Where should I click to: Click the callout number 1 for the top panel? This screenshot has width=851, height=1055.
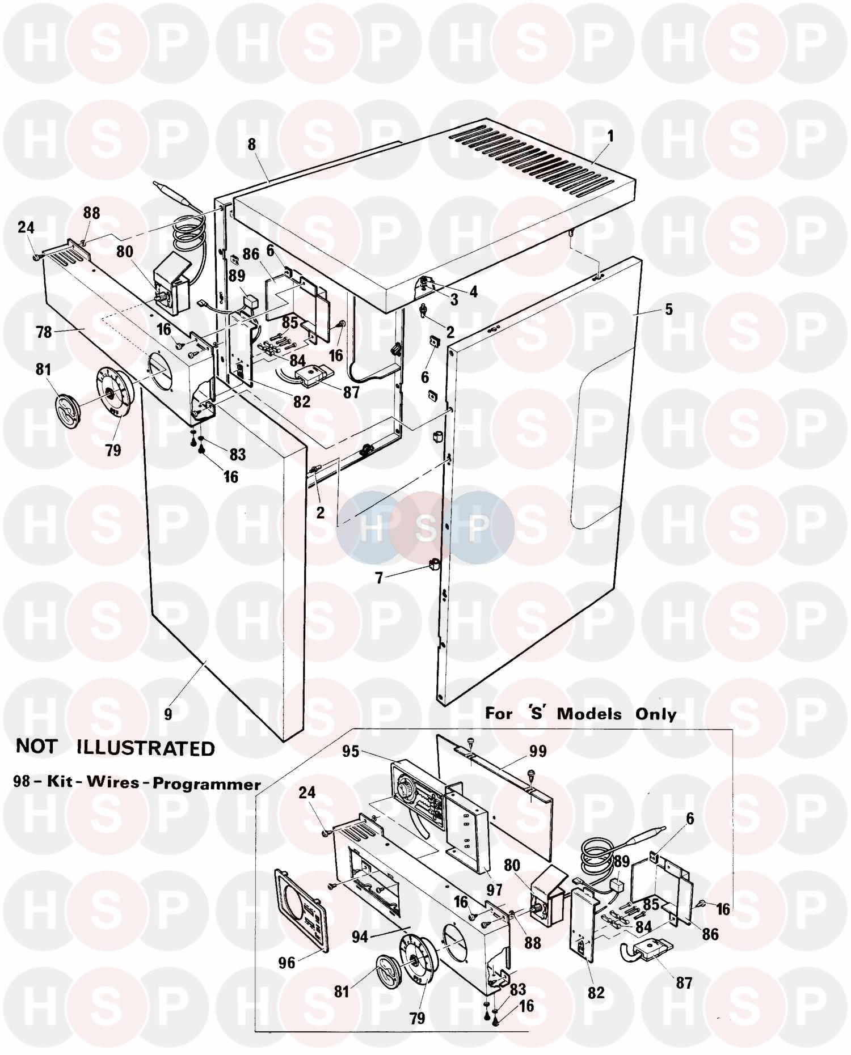click(594, 137)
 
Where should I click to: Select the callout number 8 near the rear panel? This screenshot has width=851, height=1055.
click(251, 145)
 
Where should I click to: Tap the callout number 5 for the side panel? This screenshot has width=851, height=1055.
click(669, 310)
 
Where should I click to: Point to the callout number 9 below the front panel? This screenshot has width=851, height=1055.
click(168, 714)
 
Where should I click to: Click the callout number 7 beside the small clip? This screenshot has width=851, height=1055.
click(379, 578)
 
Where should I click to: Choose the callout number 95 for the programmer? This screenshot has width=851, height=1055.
click(351, 751)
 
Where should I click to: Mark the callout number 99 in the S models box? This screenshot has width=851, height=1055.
click(537, 751)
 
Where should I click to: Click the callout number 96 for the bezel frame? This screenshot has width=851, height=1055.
click(287, 961)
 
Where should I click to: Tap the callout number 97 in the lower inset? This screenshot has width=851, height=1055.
click(494, 891)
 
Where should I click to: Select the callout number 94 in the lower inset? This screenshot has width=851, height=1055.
click(359, 937)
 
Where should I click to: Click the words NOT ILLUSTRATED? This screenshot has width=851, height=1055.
click(116, 748)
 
